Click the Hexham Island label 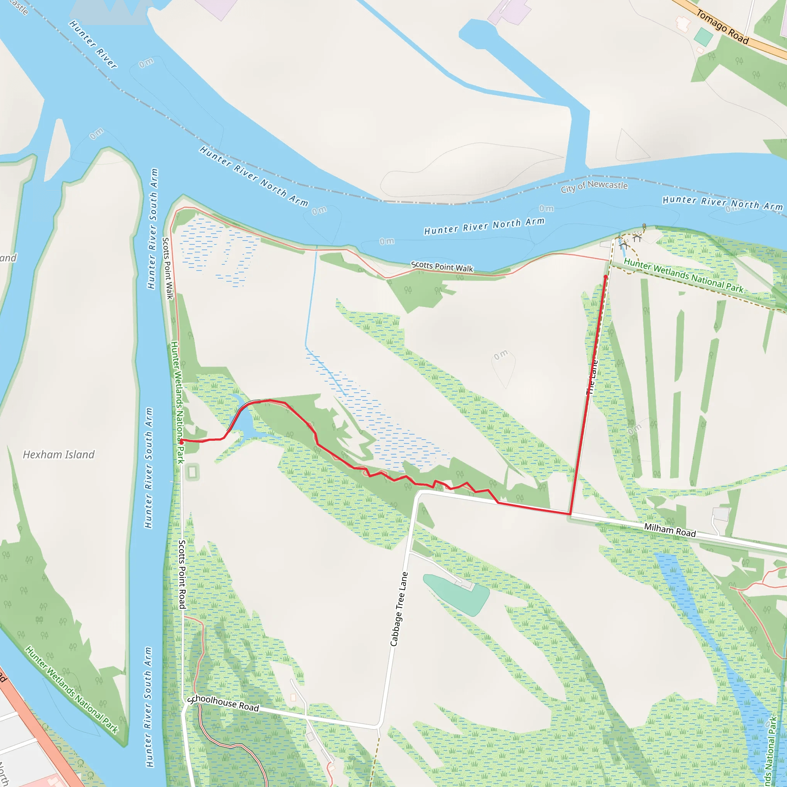tap(59, 455)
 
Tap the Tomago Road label tap(722, 27)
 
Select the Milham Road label tap(670, 530)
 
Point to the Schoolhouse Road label tap(223, 703)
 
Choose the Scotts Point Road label tap(182, 574)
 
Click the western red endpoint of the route tap(181, 442)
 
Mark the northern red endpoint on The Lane tap(606, 277)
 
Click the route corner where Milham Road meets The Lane tap(570, 514)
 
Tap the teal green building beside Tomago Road tap(704, 37)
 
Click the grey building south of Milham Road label tap(721, 514)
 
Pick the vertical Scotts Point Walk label tap(168, 269)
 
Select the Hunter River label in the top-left tap(93, 45)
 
